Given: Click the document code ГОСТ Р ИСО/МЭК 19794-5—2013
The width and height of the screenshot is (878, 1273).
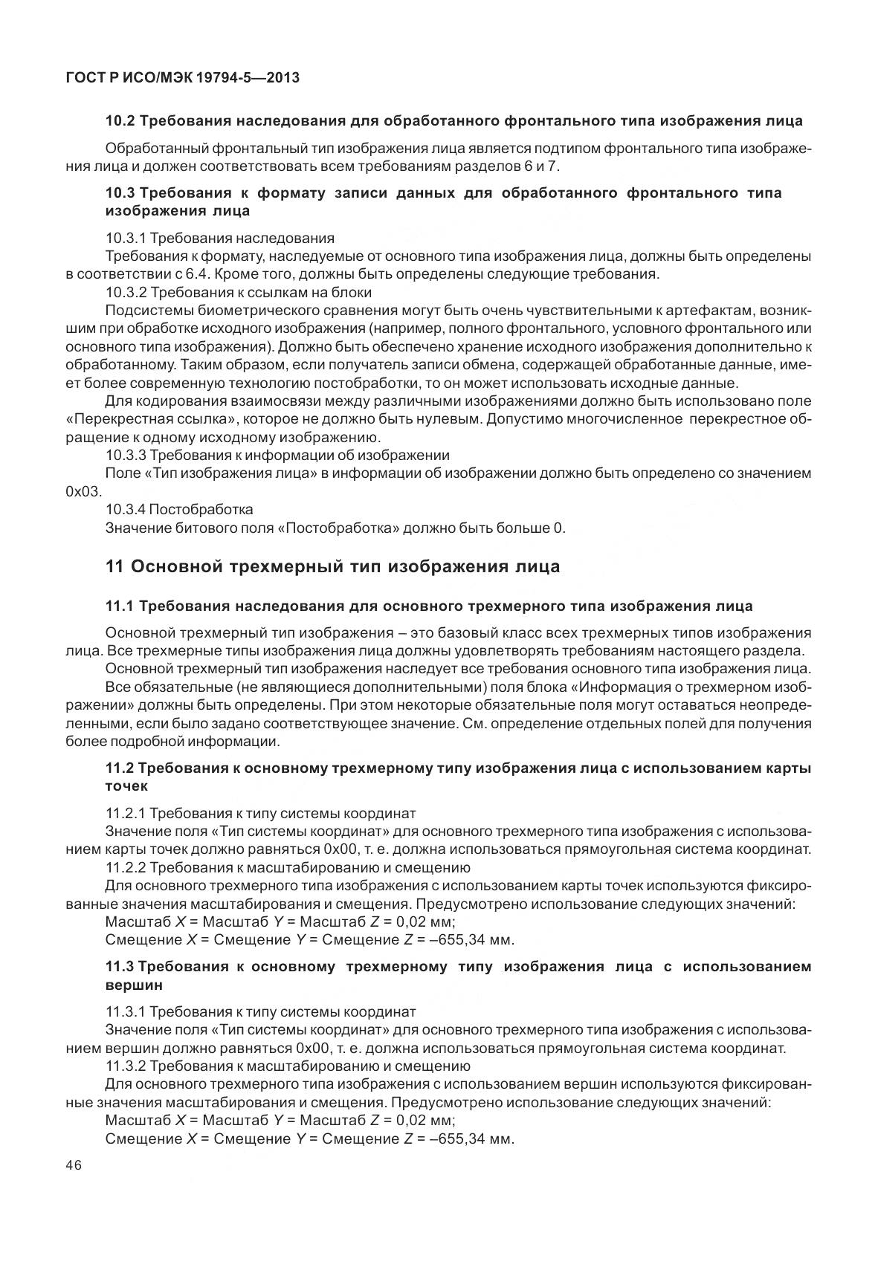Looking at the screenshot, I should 182,77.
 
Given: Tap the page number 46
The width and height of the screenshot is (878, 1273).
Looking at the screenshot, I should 74,1165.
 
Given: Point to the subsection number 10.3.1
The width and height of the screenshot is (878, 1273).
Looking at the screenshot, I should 125,239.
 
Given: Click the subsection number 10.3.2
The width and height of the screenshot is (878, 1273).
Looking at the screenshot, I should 125,292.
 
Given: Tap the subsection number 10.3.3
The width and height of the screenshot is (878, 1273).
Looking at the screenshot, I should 125,455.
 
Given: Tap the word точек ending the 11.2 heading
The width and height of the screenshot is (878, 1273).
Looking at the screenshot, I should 126,785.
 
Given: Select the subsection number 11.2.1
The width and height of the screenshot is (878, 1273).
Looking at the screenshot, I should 125,813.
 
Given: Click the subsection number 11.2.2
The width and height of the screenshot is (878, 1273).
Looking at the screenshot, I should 125,867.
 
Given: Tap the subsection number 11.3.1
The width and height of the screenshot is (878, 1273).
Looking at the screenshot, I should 125,1012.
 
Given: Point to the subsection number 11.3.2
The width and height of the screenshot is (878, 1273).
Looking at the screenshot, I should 125,1066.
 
